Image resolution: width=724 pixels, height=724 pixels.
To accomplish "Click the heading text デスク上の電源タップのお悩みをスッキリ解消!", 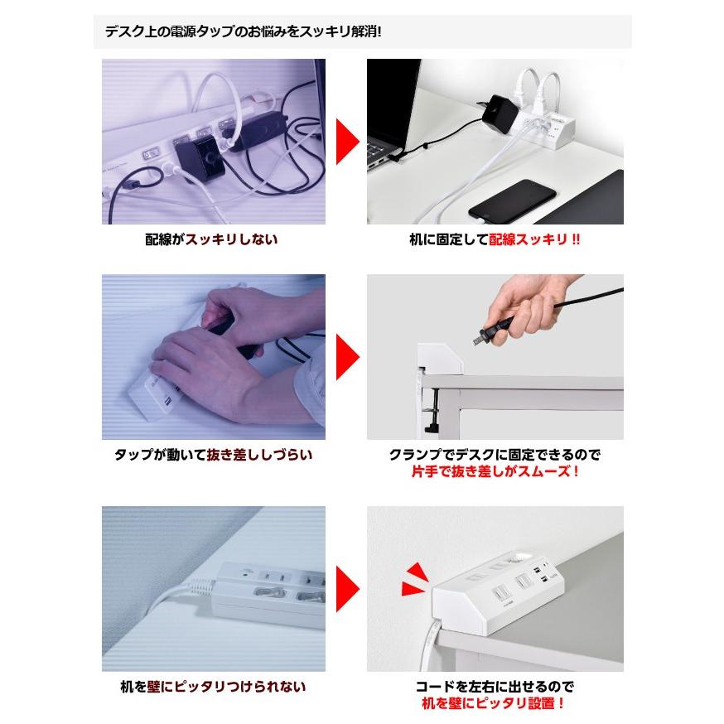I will (x=243, y=33).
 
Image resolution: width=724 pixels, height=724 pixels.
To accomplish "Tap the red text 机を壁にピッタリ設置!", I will (x=495, y=704).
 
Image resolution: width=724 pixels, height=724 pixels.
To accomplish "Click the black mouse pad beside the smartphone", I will (x=594, y=198).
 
